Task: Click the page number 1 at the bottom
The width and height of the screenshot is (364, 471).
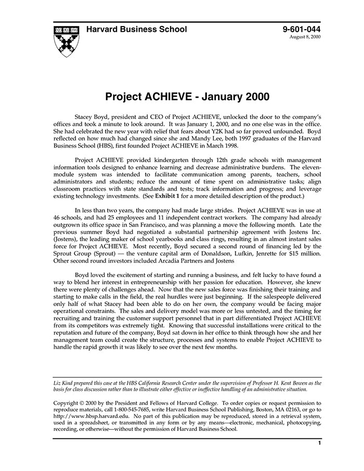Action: [x=319, y=443]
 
